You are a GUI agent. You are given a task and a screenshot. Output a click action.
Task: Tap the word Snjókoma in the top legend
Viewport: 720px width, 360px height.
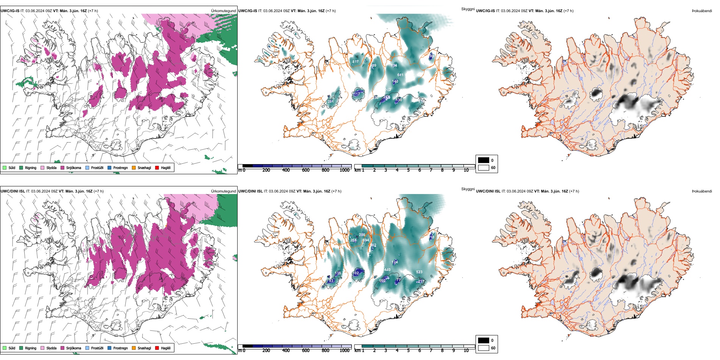point(74,167)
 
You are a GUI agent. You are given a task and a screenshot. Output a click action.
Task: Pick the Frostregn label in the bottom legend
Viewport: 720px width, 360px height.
point(121,348)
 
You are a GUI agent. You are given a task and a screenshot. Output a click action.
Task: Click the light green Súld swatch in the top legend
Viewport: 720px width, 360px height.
point(5,167)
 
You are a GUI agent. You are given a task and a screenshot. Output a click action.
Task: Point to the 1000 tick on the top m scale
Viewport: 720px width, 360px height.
point(344,170)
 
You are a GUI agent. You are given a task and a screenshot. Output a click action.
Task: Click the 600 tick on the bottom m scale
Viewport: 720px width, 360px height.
point(305,351)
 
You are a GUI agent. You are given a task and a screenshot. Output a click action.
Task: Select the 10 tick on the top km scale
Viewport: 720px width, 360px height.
point(466,170)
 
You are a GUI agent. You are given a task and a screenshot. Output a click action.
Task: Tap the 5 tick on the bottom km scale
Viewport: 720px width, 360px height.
point(408,351)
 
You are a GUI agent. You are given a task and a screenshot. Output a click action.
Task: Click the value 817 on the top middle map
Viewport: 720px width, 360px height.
point(355,62)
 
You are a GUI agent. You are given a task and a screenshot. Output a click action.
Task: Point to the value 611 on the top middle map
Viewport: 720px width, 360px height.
point(400,75)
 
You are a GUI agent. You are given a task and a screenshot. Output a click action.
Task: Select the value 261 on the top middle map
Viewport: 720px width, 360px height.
point(330,102)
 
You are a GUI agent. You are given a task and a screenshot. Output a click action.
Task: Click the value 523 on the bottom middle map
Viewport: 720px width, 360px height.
point(419,272)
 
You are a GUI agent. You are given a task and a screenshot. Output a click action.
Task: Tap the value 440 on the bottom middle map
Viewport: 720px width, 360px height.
point(387,270)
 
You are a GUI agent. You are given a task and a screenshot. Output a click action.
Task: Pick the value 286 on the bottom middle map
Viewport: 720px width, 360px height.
point(362,235)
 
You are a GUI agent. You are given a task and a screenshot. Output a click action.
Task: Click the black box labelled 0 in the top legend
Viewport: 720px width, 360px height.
point(484,160)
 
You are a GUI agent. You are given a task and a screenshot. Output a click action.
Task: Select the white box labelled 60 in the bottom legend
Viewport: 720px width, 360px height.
point(484,348)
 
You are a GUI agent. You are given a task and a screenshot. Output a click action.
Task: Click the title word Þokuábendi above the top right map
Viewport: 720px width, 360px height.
point(702,11)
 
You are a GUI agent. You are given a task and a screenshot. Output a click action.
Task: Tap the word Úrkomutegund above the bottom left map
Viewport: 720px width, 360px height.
point(224,191)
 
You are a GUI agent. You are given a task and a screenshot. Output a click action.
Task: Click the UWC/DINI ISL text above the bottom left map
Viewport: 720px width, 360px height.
point(13,191)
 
